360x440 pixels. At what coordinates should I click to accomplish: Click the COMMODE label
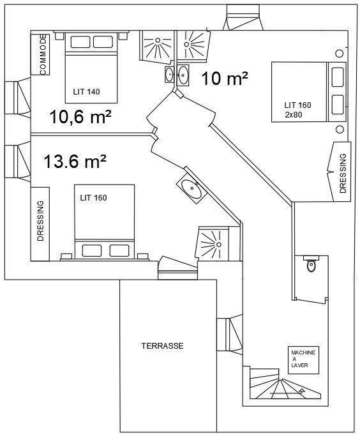coord(43,55)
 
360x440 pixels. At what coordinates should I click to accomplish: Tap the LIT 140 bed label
coord(86,92)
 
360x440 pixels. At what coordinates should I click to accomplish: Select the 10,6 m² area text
coord(80,117)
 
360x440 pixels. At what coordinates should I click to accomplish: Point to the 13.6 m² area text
coord(75,162)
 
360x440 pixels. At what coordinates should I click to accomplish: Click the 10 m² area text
coord(225,79)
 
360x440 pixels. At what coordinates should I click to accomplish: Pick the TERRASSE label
coord(162,345)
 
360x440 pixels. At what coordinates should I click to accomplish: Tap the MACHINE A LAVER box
coord(304,360)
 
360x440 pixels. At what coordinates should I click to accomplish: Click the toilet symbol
coord(311,264)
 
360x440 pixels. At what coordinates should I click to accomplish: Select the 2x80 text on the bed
coord(294,115)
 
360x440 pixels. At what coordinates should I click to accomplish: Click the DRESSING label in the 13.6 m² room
coord(41,220)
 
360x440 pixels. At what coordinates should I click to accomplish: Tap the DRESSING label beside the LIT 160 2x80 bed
coord(343,173)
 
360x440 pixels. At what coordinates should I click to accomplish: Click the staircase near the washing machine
coord(285,384)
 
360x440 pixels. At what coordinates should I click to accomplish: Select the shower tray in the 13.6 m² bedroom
coord(214,243)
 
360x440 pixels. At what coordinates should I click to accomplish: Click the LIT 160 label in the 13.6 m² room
coord(93,198)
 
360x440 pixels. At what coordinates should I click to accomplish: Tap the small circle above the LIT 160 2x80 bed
coord(340,53)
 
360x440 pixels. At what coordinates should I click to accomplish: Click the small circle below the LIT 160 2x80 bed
coord(340,130)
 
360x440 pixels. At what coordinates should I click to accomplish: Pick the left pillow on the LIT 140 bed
coord(80,42)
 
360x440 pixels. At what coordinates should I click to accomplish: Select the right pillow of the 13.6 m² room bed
coord(119,250)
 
